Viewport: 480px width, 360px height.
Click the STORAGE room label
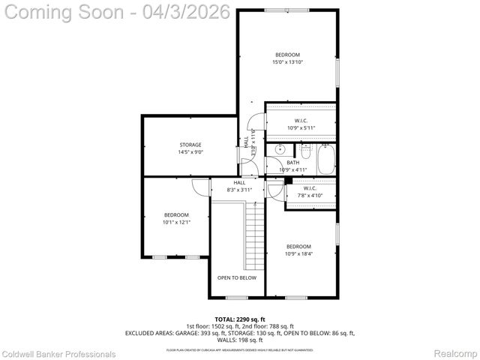[x=190, y=145]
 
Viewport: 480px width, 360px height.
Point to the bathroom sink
[x=279, y=150]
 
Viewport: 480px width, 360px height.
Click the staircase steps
[x=256, y=237]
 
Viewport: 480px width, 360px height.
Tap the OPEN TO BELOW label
[x=236, y=277]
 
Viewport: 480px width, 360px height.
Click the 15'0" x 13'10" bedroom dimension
[x=287, y=62]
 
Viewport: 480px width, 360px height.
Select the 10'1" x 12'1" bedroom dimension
[x=177, y=222]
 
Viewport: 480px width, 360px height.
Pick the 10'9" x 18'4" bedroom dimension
[x=298, y=254]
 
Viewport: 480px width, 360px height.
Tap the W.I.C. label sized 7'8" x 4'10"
[x=310, y=196]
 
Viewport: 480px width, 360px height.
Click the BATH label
[x=292, y=163]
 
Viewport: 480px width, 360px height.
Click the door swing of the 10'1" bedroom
[x=199, y=190]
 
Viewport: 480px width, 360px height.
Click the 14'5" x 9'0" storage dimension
[x=190, y=152]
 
